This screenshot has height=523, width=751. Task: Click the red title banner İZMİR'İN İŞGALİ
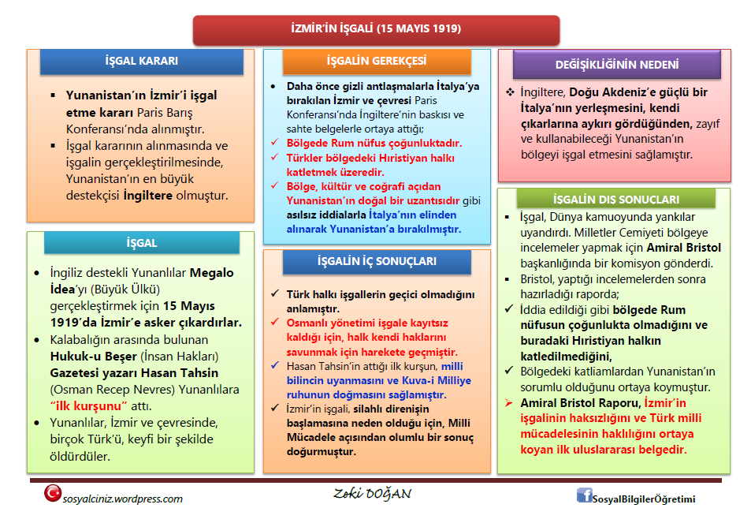tap(376, 29)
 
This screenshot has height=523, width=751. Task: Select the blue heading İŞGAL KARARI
tap(142, 61)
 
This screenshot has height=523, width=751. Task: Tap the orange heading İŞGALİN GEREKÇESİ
tap(377, 61)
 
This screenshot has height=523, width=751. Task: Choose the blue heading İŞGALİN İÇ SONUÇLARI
tap(376, 261)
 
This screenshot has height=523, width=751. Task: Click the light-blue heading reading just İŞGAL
tap(142, 243)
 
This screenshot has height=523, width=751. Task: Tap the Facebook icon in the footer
tap(584, 495)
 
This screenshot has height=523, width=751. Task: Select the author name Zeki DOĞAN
tap(372, 495)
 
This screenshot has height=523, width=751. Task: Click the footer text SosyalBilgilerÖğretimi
tap(644, 499)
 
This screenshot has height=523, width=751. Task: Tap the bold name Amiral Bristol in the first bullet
tap(687, 247)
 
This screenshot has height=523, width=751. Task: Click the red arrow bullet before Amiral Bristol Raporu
tap(510, 403)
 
